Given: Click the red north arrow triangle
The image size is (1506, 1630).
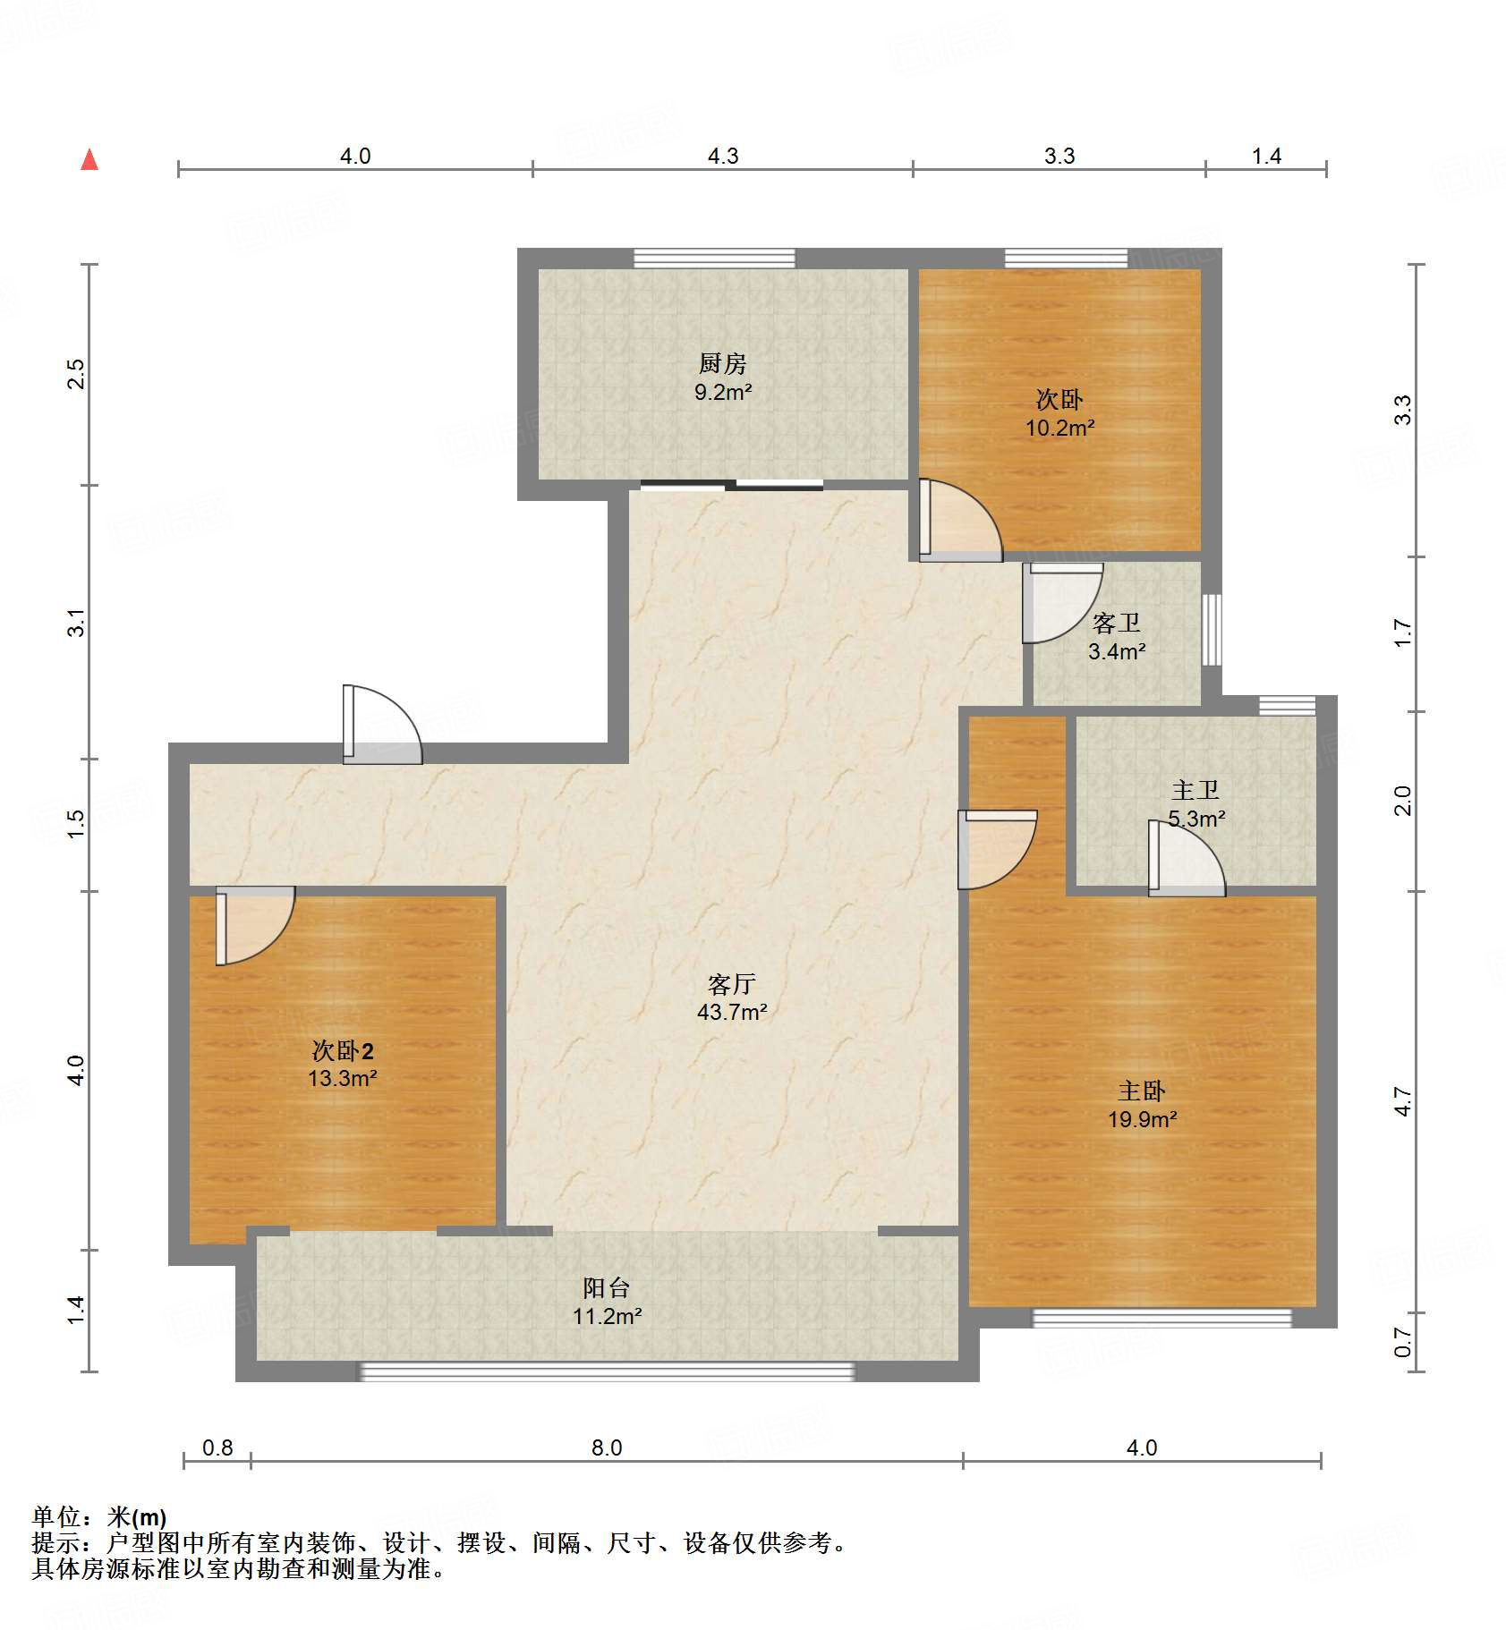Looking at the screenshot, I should coord(89,160).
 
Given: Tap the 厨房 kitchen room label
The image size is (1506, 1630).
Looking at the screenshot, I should coord(722,364).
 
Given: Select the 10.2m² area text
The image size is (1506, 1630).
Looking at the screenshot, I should coord(1059,428).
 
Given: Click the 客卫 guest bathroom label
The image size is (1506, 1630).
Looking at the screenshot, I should coord(1116,624).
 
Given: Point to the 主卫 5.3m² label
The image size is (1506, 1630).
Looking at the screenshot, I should coord(1195,804).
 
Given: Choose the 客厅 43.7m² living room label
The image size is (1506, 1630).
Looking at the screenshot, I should coord(732,998).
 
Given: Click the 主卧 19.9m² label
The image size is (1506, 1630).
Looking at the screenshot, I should coord(1142,1105).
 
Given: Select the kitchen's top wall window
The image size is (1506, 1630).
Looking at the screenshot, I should coord(714,259).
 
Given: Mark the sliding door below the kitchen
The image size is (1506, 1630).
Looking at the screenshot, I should coord(732,486).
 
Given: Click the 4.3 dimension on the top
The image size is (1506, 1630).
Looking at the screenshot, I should coord(723,157).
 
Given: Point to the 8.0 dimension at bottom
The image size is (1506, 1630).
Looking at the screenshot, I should coord(606,1447).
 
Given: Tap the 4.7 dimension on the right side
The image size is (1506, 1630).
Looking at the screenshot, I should coord(1403,1101).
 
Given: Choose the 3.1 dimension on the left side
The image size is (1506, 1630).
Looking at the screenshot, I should coord(77,622).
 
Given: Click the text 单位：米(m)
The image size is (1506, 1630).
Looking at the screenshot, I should coord(99,1516).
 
